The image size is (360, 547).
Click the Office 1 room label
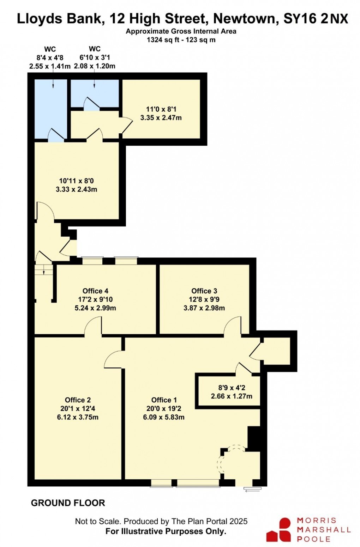(164, 400)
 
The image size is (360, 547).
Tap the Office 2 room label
(78, 400)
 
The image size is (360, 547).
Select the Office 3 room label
(204, 291)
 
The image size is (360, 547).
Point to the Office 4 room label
(95, 291)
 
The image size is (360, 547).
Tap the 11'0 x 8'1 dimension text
(161, 109)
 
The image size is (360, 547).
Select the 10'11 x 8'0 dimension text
(76, 181)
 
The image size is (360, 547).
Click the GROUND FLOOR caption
(68, 503)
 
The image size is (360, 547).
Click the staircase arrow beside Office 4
(43, 270)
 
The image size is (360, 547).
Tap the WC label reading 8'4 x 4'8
(50, 57)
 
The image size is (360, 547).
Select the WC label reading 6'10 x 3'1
(95, 57)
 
